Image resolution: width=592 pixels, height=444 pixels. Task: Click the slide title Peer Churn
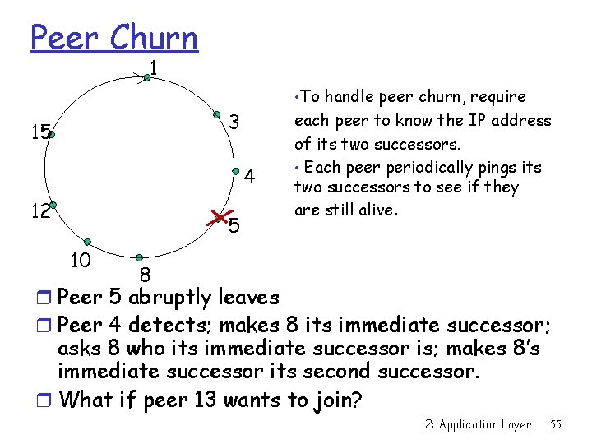pos(114,38)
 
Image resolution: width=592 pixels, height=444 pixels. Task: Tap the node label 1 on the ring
pos(154,67)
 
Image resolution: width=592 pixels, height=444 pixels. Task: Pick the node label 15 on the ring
pos(39,131)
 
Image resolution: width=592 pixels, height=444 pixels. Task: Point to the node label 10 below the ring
pos(81,261)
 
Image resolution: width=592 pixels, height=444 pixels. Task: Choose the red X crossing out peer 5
pos(219,217)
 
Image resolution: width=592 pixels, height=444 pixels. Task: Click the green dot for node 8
pos(140,257)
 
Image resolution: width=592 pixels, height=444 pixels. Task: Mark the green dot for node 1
pos(146,78)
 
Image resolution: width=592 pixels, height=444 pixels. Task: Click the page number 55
pos(556,424)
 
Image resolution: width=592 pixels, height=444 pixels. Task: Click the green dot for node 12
pos(52,204)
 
